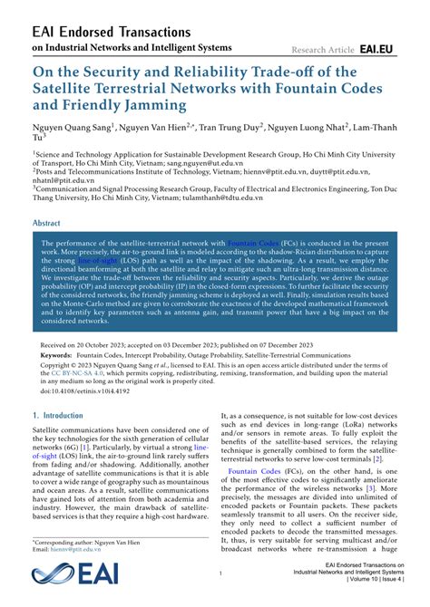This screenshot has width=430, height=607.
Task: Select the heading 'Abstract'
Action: pos(47,222)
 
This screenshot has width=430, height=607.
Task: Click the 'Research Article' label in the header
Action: pos(322,49)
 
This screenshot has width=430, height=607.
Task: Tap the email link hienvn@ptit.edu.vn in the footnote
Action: pos(75,550)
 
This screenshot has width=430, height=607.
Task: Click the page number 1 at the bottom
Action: pos(220,573)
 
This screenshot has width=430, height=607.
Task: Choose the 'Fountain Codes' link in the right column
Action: pos(256,497)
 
